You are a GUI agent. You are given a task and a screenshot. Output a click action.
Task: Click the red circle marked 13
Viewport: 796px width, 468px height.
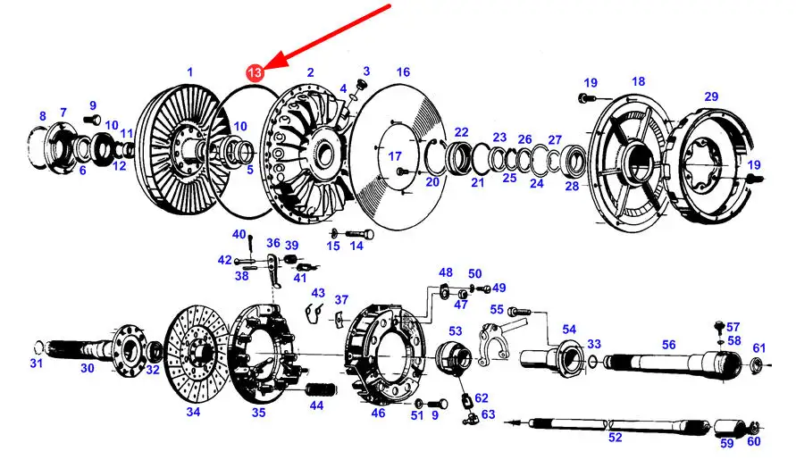click(x=255, y=72)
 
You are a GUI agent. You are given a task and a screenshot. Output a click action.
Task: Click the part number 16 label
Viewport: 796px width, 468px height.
click(x=403, y=72)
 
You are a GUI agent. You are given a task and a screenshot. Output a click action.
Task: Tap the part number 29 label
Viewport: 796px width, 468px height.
click(x=711, y=96)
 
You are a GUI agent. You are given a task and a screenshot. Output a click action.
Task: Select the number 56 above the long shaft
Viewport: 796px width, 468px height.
click(x=668, y=345)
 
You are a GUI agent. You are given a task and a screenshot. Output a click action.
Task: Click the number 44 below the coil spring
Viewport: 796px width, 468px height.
click(x=316, y=405)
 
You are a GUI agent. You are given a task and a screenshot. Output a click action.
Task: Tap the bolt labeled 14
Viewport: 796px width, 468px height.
click(x=359, y=235)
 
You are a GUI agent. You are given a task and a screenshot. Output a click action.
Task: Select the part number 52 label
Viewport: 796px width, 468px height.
click(x=615, y=437)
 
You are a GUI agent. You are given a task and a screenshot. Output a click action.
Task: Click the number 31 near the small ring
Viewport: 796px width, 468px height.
click(x=36, y=363)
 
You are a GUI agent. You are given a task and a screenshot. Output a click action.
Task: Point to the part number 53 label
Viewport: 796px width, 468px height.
click(x=456, y=331)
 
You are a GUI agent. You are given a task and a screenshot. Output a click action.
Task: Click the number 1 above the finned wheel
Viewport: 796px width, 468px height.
click(x=190, y=71)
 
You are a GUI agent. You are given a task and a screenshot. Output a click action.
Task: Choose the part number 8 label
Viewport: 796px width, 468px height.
click(x=43, y=116)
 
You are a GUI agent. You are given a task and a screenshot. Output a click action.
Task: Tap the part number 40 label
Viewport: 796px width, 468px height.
click(x=239, y=234)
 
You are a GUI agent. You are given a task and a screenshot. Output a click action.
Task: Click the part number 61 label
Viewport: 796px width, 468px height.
click(x=759, y=348)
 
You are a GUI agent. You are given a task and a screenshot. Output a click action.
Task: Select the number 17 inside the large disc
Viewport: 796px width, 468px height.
click(x=395, y=156)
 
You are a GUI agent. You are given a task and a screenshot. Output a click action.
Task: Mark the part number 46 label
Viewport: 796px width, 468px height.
click(x=378, y=413)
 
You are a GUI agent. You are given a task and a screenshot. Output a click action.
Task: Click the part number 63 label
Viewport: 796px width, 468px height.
click(x=489, y=414)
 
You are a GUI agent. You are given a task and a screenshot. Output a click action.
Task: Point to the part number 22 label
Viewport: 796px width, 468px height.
click(x=461, y=132)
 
